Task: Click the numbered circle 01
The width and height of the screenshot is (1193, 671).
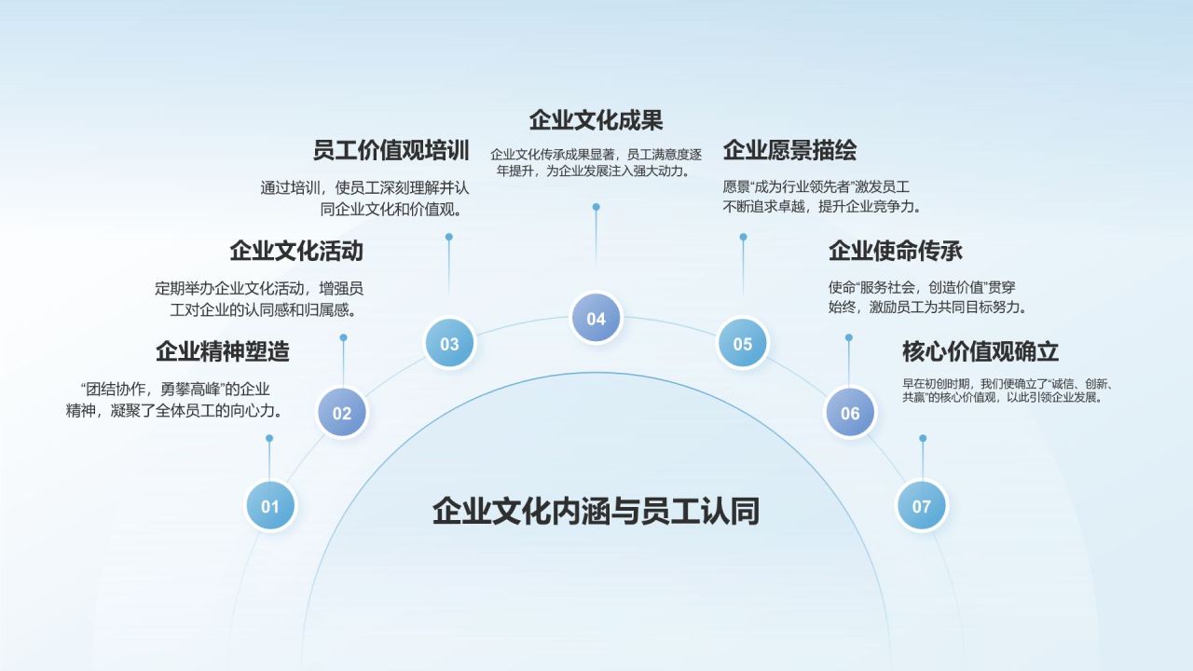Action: (x=270, y=506)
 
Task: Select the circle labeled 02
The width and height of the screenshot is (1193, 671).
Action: (x=342, y=413)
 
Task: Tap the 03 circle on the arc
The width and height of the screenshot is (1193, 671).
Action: (x=449, y=343)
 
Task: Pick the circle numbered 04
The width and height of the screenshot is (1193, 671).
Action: (x=596, y=318)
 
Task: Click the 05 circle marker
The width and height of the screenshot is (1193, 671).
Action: (x=742, y=343)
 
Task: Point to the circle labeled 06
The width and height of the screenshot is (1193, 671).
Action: (x=850, y=413)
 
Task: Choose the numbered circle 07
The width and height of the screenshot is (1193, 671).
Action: (x=921, y=506)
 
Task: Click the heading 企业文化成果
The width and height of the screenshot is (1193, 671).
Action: (x=596, y=120)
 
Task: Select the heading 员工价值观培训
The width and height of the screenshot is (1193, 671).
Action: (x=391, y=150)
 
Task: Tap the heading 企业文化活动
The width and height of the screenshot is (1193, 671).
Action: (x=296, y=251)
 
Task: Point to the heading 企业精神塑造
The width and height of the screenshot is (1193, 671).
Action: (x=223, y=351)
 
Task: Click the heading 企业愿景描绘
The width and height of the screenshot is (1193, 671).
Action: (x=789, y=150)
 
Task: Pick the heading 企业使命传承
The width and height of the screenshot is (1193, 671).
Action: (x=895, y=251)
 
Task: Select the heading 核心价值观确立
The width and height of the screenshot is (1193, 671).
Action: (x=980, y=351)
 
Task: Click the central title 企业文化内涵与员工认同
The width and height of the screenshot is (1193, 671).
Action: (x=596, y=511)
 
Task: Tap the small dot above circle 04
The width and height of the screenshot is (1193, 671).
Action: (x=596, y=207)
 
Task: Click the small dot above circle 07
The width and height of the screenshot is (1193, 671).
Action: (x=923, y=438)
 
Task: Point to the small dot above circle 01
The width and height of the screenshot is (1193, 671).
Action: (x=269, y=438)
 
